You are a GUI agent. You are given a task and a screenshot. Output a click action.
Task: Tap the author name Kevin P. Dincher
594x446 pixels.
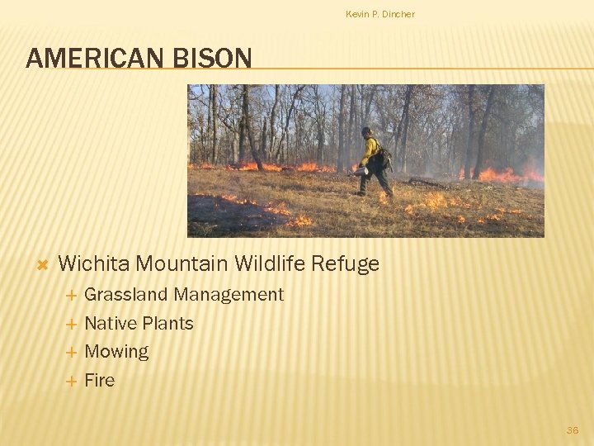click(x=380, y=14)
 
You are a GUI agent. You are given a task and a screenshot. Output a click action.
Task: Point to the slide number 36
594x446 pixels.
click(x=573, y=429)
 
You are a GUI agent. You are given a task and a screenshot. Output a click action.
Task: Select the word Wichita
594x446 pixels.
click(x=94, y=264)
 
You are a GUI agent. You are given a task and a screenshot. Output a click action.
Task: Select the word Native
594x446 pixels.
click(x=111, y=324)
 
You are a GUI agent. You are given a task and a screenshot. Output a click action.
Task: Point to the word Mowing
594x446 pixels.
click(x=116, y=352)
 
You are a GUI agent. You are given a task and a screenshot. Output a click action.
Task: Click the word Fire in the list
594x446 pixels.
click(x=100, y=381)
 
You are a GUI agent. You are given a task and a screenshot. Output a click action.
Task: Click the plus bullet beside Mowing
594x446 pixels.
click(x=71, y=353)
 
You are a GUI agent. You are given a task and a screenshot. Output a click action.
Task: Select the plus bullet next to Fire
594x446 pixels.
click(x=71, y=382)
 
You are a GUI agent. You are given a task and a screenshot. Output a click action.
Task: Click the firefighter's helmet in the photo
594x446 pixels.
click(x=366, y=131)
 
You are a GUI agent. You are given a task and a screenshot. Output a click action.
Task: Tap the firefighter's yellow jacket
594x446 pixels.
click(x=370, y=149)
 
